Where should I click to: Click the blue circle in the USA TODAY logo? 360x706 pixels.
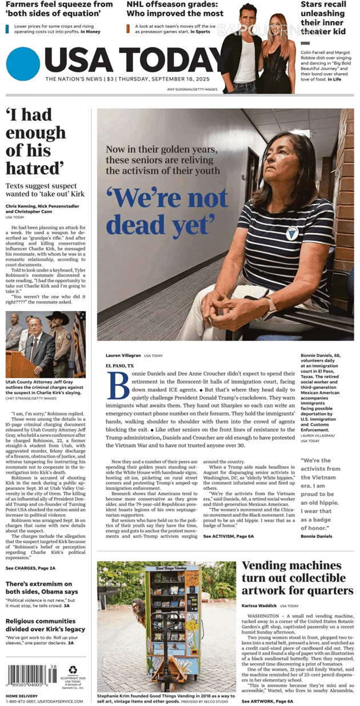pos(23,63)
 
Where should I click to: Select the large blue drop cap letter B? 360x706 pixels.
pos(118,386)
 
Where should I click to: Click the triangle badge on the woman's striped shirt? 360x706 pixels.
pos(293,233)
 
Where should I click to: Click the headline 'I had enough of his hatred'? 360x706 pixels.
pos(35,142)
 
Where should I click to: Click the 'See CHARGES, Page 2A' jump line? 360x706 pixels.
pos(30,568)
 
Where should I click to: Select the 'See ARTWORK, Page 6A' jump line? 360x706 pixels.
pos(267,701)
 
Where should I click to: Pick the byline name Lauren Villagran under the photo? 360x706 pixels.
pos(123,356)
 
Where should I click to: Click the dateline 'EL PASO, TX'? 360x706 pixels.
pos(119,365)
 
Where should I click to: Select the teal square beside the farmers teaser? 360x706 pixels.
pos(7,28)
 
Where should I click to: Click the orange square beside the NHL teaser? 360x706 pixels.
pos(129,28)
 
